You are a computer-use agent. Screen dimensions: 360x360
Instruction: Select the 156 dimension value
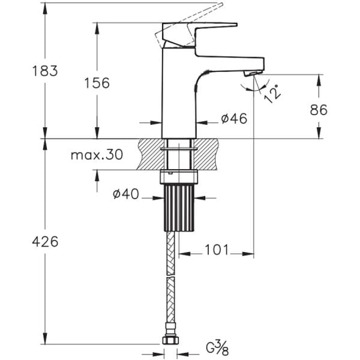coord(97,83)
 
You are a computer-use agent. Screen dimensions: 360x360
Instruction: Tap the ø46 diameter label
coord(233,119)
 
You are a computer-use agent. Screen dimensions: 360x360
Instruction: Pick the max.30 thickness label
coord(96,155)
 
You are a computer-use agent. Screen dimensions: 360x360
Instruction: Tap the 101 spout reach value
coord(217,250)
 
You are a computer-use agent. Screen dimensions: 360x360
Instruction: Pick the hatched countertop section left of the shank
coord(150,154)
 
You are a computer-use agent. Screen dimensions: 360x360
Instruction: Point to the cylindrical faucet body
coord(179,102)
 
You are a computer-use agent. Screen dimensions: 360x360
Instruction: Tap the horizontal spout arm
coord(231,61)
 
